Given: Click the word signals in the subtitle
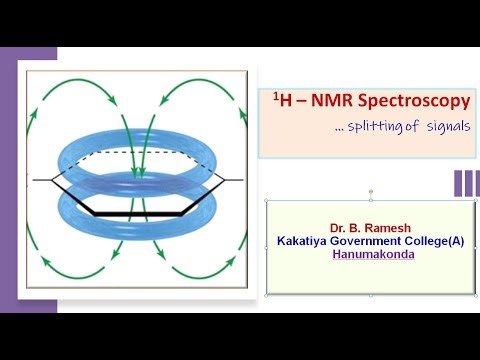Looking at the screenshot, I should pos(442,127).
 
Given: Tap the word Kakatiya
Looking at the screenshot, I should pos(309,241).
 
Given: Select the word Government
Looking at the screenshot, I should pos(375,241).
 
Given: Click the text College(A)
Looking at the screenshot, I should pos(441,241).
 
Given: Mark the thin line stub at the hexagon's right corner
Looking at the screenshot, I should pos(234,180).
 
